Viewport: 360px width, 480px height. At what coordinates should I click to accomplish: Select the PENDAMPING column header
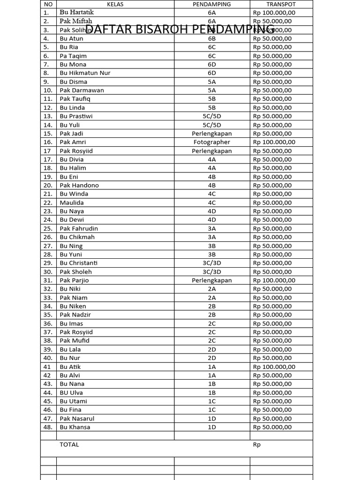click(x=211, y=4)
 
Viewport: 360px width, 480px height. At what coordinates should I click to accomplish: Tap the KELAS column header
click(x=115, y=4)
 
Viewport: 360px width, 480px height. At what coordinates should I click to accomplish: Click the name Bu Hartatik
click(x=76, y=13)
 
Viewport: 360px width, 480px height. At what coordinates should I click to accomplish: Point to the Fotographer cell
click(x=212, y=142)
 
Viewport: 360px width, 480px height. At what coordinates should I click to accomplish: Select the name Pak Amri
click(x=73, y=142)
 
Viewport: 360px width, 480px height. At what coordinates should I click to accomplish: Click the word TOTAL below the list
click(x=69, y=444)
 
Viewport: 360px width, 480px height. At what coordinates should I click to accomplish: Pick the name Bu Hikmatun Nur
click(x=85, y=73)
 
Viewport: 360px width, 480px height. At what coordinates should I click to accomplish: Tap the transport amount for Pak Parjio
click(x=274, y=280)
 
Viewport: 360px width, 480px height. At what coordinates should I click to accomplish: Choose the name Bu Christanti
click(x=79, y=263)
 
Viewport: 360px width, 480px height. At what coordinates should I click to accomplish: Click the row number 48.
click(x=48, y=427)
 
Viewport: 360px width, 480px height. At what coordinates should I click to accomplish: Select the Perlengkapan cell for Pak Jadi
click(x=212, y=134)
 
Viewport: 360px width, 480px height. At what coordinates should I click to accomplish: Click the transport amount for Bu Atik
click(x=274, y=367)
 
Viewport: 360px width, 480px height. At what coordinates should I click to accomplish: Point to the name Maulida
click(x=72, y=202)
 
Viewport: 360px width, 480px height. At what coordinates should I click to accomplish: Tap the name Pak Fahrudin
click(x=79, y=229)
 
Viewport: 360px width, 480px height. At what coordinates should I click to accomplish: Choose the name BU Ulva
click(x=71, y=393)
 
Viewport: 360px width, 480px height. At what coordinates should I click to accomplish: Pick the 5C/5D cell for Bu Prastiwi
click(x=212, y=116)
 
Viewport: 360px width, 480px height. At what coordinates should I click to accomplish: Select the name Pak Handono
click(x=79, y=185)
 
